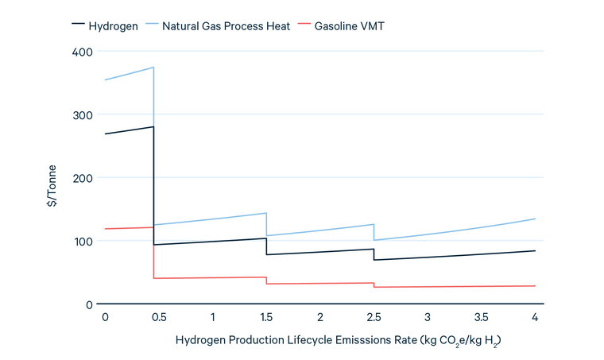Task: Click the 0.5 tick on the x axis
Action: click(159, 317)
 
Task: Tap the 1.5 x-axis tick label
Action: click(266, 317)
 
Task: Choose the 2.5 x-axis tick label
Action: click(374, 317)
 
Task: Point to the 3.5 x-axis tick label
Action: click(481, 317)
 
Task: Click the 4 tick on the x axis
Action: click(535, 317)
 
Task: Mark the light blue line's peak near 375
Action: click(153, 68)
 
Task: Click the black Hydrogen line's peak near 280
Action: click(153, 127)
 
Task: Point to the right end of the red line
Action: click(535, 286)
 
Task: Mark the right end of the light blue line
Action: click(535, 219)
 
